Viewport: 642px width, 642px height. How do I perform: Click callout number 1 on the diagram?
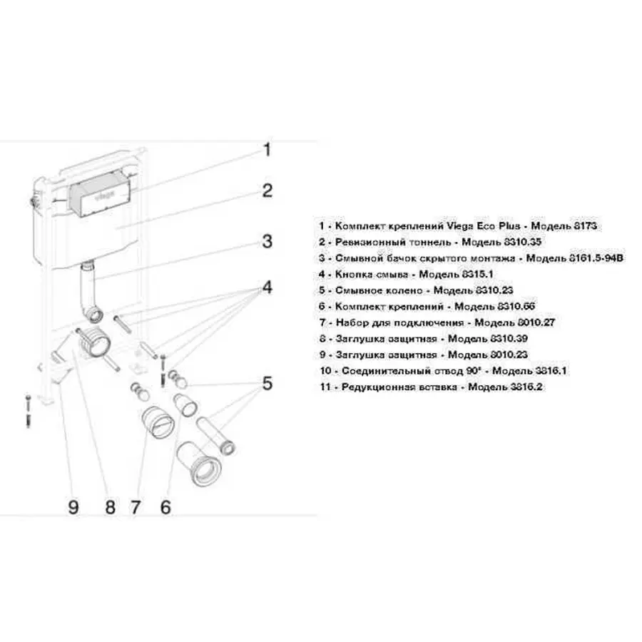(x=267, y=150)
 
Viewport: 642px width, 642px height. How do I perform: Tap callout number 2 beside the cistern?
(x=267, y=190)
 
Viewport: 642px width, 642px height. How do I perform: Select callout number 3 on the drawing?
(x=267, y=241)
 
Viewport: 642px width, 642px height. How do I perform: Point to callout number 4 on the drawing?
(x=267, y=288)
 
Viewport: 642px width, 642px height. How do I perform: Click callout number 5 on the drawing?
(x=267, y=384)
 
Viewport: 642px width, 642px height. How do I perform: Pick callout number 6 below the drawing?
(x=165, y=507)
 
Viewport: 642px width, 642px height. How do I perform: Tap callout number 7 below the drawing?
(x=136, y=507)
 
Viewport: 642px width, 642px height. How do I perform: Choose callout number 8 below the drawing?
(x=110, y=507)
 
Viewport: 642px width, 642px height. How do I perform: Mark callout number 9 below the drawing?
(x=73, y=507)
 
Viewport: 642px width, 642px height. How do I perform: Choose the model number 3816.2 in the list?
(x=512, y=387)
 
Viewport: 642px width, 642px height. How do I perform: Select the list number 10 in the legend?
(x=326, y=371)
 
